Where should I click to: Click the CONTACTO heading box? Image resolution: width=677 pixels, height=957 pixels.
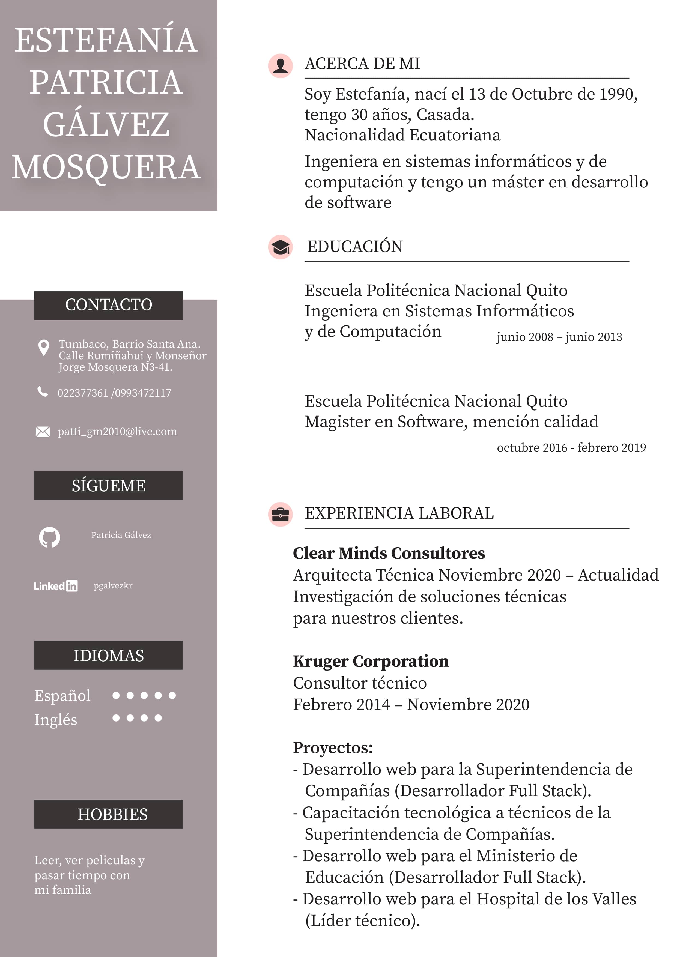point(108,305)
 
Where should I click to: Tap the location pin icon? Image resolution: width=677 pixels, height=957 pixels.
point(43,347)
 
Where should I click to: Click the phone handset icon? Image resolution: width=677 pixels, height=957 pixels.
point(43,391)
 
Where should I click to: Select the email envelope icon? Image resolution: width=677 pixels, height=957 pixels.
point(43,432)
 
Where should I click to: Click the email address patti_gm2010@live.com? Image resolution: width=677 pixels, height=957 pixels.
point(117,431)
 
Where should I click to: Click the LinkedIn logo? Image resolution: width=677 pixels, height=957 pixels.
point(55,586)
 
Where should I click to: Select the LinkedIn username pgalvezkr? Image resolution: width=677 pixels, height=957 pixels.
point(113,586)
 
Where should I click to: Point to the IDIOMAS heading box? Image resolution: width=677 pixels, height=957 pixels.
point(108,655)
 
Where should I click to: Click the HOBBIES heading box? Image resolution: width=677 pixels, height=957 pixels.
point(108,814)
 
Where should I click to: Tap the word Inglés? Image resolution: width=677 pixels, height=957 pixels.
point(56,720)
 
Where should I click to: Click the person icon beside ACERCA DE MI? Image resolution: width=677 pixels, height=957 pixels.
point(280,66)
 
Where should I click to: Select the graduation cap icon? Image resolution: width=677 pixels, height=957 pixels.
point(280,247)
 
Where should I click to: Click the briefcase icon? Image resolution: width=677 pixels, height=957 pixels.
point(280,514)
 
